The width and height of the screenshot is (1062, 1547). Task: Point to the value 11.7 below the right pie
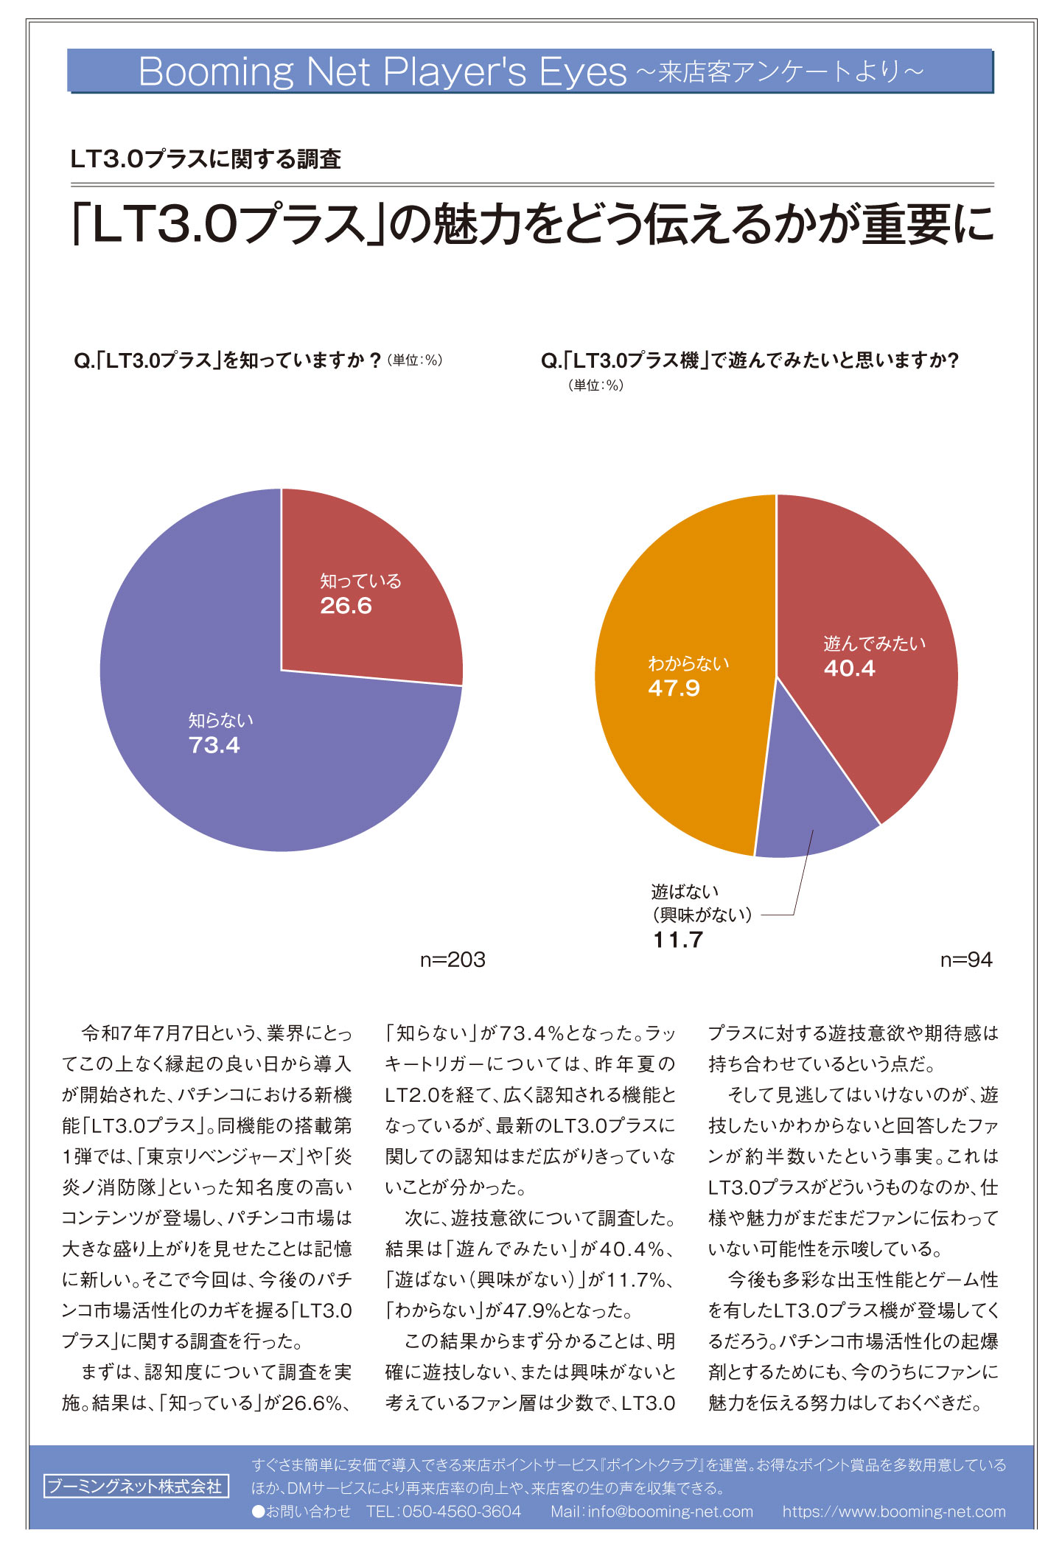[678, 940]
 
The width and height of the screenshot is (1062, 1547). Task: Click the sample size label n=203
[453, 960]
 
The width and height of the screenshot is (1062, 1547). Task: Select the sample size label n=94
[966, 960]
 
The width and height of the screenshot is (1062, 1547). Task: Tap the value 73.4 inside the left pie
[214, 745]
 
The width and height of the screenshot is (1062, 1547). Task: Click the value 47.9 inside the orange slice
[674, 688]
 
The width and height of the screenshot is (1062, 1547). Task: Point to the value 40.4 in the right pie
[850, 668]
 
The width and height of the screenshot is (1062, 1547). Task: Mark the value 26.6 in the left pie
[346, 606]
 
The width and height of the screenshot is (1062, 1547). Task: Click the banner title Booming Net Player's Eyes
[382, 71]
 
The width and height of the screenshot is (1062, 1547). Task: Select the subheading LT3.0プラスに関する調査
[206, 158]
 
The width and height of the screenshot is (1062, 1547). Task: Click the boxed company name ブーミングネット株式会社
[136, 1486]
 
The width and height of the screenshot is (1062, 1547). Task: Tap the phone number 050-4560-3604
[461, 1512]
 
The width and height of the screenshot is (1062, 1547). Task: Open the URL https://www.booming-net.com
[894, 1512]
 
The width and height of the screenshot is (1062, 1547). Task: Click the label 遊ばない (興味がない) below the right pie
[702, 904]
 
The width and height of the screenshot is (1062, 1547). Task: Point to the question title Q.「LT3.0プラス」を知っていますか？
[228, 360]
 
